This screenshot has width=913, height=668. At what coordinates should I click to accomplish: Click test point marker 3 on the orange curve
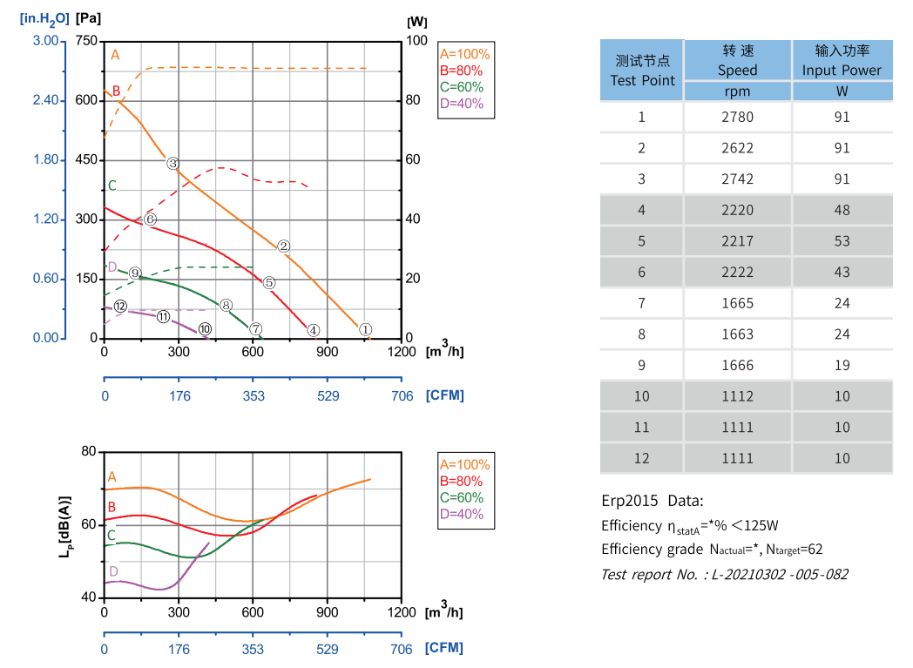coord(172,164)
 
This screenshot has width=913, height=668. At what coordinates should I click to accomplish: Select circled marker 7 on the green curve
coord(256,329)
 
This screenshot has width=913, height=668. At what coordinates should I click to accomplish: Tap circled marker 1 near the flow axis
coord(366,330)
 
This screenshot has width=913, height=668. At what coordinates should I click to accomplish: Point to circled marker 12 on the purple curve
coord(120,307)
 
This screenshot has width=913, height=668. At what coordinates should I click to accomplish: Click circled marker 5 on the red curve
coord(269,283)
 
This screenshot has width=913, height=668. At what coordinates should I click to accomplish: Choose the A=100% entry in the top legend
coord(465,53)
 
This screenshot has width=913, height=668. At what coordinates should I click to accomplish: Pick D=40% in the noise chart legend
coord(462,514)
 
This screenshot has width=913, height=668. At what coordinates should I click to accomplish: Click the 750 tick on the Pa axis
coord(86,41)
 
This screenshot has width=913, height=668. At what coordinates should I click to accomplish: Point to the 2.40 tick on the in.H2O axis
coord(45,100)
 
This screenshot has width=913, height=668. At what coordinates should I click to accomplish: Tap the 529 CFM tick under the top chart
coord(328,395)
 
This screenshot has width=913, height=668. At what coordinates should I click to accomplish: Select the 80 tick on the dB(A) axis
coord(87,451)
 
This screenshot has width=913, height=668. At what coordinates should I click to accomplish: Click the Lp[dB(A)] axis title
coord(65,525)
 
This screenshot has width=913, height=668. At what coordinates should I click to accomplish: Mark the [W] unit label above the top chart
coord(416,20)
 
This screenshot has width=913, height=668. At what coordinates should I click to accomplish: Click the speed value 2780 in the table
coord(737,117)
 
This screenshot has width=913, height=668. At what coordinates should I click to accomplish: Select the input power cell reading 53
coord(842,241)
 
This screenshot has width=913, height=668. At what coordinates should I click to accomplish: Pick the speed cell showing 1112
coord(737,396)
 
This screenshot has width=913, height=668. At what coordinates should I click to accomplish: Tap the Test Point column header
coord(642,71)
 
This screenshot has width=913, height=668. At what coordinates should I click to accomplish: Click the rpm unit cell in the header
coord(737,91)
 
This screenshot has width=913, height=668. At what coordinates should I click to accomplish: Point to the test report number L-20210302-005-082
coord(724,574)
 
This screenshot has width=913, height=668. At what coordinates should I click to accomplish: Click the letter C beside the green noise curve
coord(111,536)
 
